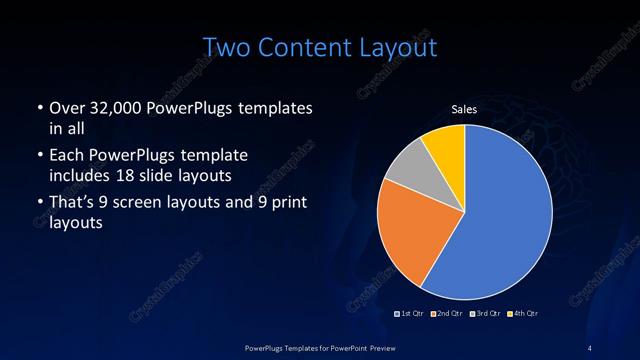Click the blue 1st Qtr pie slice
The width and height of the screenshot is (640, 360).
click(500, 210)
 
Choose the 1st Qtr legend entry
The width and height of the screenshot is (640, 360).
click(410, 313)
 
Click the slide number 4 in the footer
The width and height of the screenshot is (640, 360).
click(590, 347)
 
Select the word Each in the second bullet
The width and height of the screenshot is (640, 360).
click(65, 156)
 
